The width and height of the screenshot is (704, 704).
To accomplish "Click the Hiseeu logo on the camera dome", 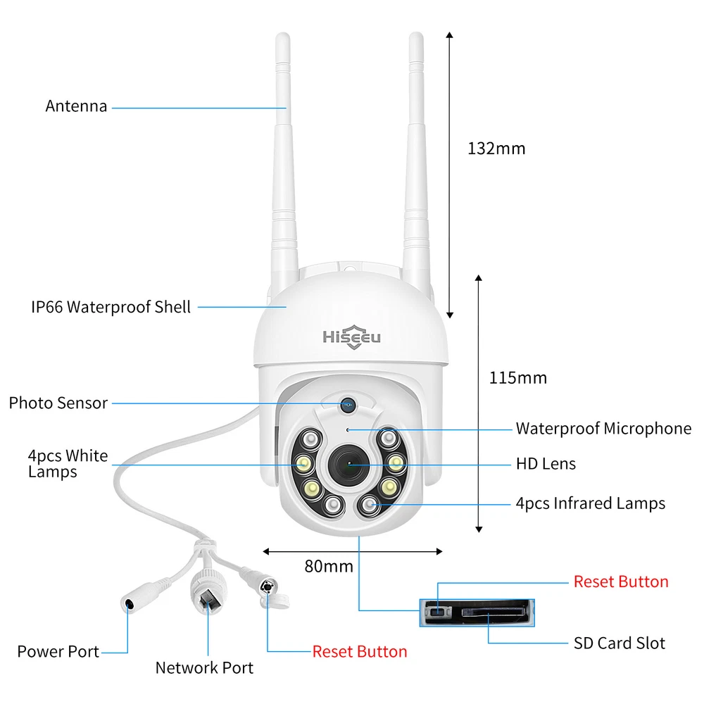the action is point(351,337).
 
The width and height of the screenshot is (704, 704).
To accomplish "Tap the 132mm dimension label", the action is point(496,149).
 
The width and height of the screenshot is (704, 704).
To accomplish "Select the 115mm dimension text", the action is point(517,378).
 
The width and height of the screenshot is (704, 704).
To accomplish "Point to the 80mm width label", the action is point(329,566).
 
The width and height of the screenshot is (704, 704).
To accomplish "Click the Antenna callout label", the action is point(76,106).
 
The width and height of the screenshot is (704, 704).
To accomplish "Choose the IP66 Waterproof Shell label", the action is point(111,307).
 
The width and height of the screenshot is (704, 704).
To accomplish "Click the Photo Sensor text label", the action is point(58,403).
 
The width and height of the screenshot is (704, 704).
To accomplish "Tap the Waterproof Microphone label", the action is point(603,429).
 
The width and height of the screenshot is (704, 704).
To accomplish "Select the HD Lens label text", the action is point(546,464).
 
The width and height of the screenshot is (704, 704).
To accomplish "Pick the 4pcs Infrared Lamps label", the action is point(591,503).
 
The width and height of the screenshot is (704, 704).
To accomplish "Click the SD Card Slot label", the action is point(619,643).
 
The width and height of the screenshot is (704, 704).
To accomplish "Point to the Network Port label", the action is point(204,668).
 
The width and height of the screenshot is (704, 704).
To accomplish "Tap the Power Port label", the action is point(58,651).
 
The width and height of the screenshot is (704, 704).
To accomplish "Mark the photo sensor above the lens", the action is point(348,405).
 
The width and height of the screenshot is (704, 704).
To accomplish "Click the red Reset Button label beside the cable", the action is point(360,651).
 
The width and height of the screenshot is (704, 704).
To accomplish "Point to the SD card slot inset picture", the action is point(477,612).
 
